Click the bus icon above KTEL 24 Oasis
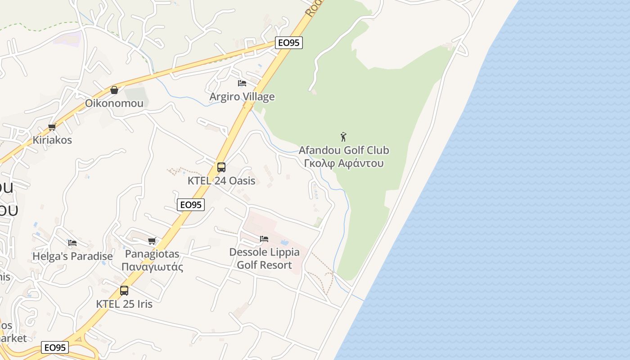(x=221, y=167)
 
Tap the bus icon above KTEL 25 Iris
(x=124, y=291)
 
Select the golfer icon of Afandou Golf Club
(x=344, y=137)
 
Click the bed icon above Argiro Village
(x=242, y=83)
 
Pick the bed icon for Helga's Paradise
(x=72, y=243)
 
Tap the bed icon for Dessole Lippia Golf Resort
(x=264, y=239)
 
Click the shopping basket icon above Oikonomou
(x=114, y=90)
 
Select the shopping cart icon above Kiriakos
(x=52, y=127)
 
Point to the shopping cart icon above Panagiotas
(x=152, y=241)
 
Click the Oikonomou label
(x=114, y=103)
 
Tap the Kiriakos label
(x=52, y=140)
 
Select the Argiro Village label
(x=242, y=97)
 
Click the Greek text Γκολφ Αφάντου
(x=344, y=163)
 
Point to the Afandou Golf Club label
(x=344, y=150)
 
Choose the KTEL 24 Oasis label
(x=221, y=181)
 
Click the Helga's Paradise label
(x=72, y=256)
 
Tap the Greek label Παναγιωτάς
(x=152, y=267)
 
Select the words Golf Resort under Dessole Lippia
(x=264, y=265)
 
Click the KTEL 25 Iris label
(x=124, y=304)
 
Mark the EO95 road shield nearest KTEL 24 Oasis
(x=191, y=205)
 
